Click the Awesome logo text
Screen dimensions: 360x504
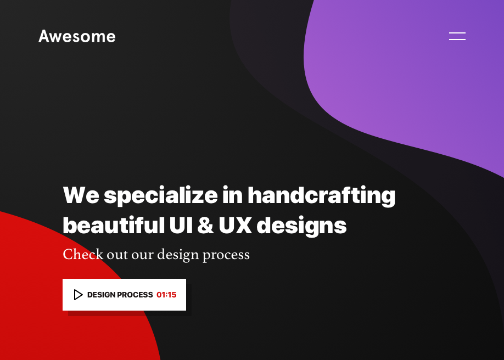click(x=77, y=37)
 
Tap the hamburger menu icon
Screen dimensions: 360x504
click(x=457, y=36)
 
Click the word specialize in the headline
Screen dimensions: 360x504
click(x=161, y=196)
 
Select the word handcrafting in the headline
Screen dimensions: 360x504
click(x=321, y=196)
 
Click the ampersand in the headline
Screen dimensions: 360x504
click(x=205, y=226)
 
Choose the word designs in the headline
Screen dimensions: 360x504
click(x=301, y=226)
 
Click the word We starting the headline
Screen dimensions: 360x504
click(x=81, y=196)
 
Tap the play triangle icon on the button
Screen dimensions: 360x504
click(x=78, y=295)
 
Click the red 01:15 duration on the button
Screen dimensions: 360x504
click(x=166, y=295)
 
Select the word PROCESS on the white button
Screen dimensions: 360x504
click(x=135, y=295)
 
